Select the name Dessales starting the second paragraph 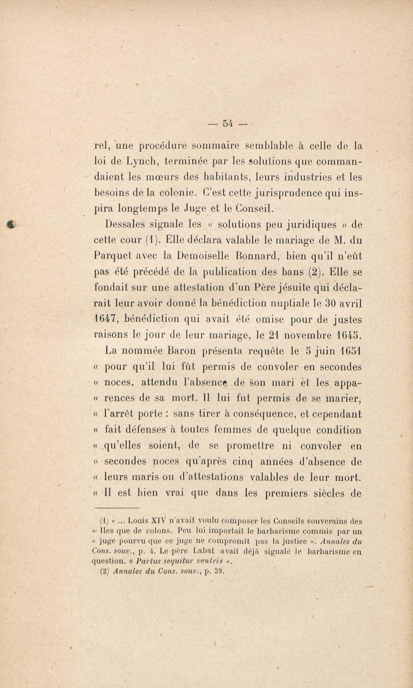[x=127, y=225]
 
